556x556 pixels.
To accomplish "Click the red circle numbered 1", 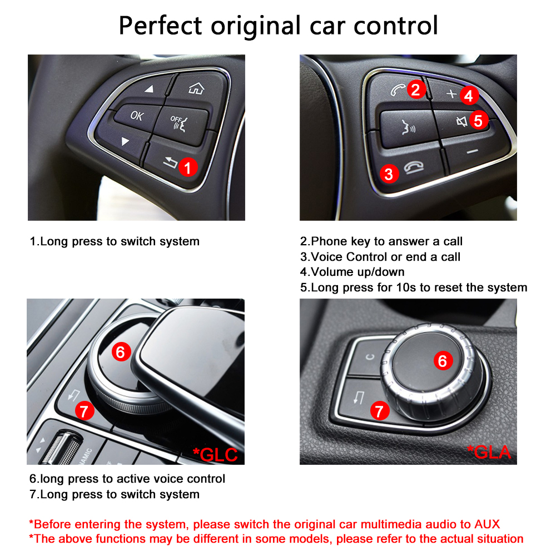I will (x=188, y=167).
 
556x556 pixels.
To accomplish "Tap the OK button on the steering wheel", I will (x=136, y=116).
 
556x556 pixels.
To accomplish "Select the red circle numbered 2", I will (x=415, y=89).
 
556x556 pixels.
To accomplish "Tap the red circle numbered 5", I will (x=478, y=120).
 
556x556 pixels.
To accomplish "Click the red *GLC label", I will (x=215, y=454).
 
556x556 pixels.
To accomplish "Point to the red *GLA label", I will (x=489, y=452).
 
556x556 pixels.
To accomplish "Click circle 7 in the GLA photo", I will (x=379, y=411).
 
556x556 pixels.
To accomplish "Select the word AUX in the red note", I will (x=487, y=524).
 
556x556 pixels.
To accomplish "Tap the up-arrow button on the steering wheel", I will (x=149, y=89).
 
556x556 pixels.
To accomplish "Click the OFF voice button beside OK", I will (x=179, y=120).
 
